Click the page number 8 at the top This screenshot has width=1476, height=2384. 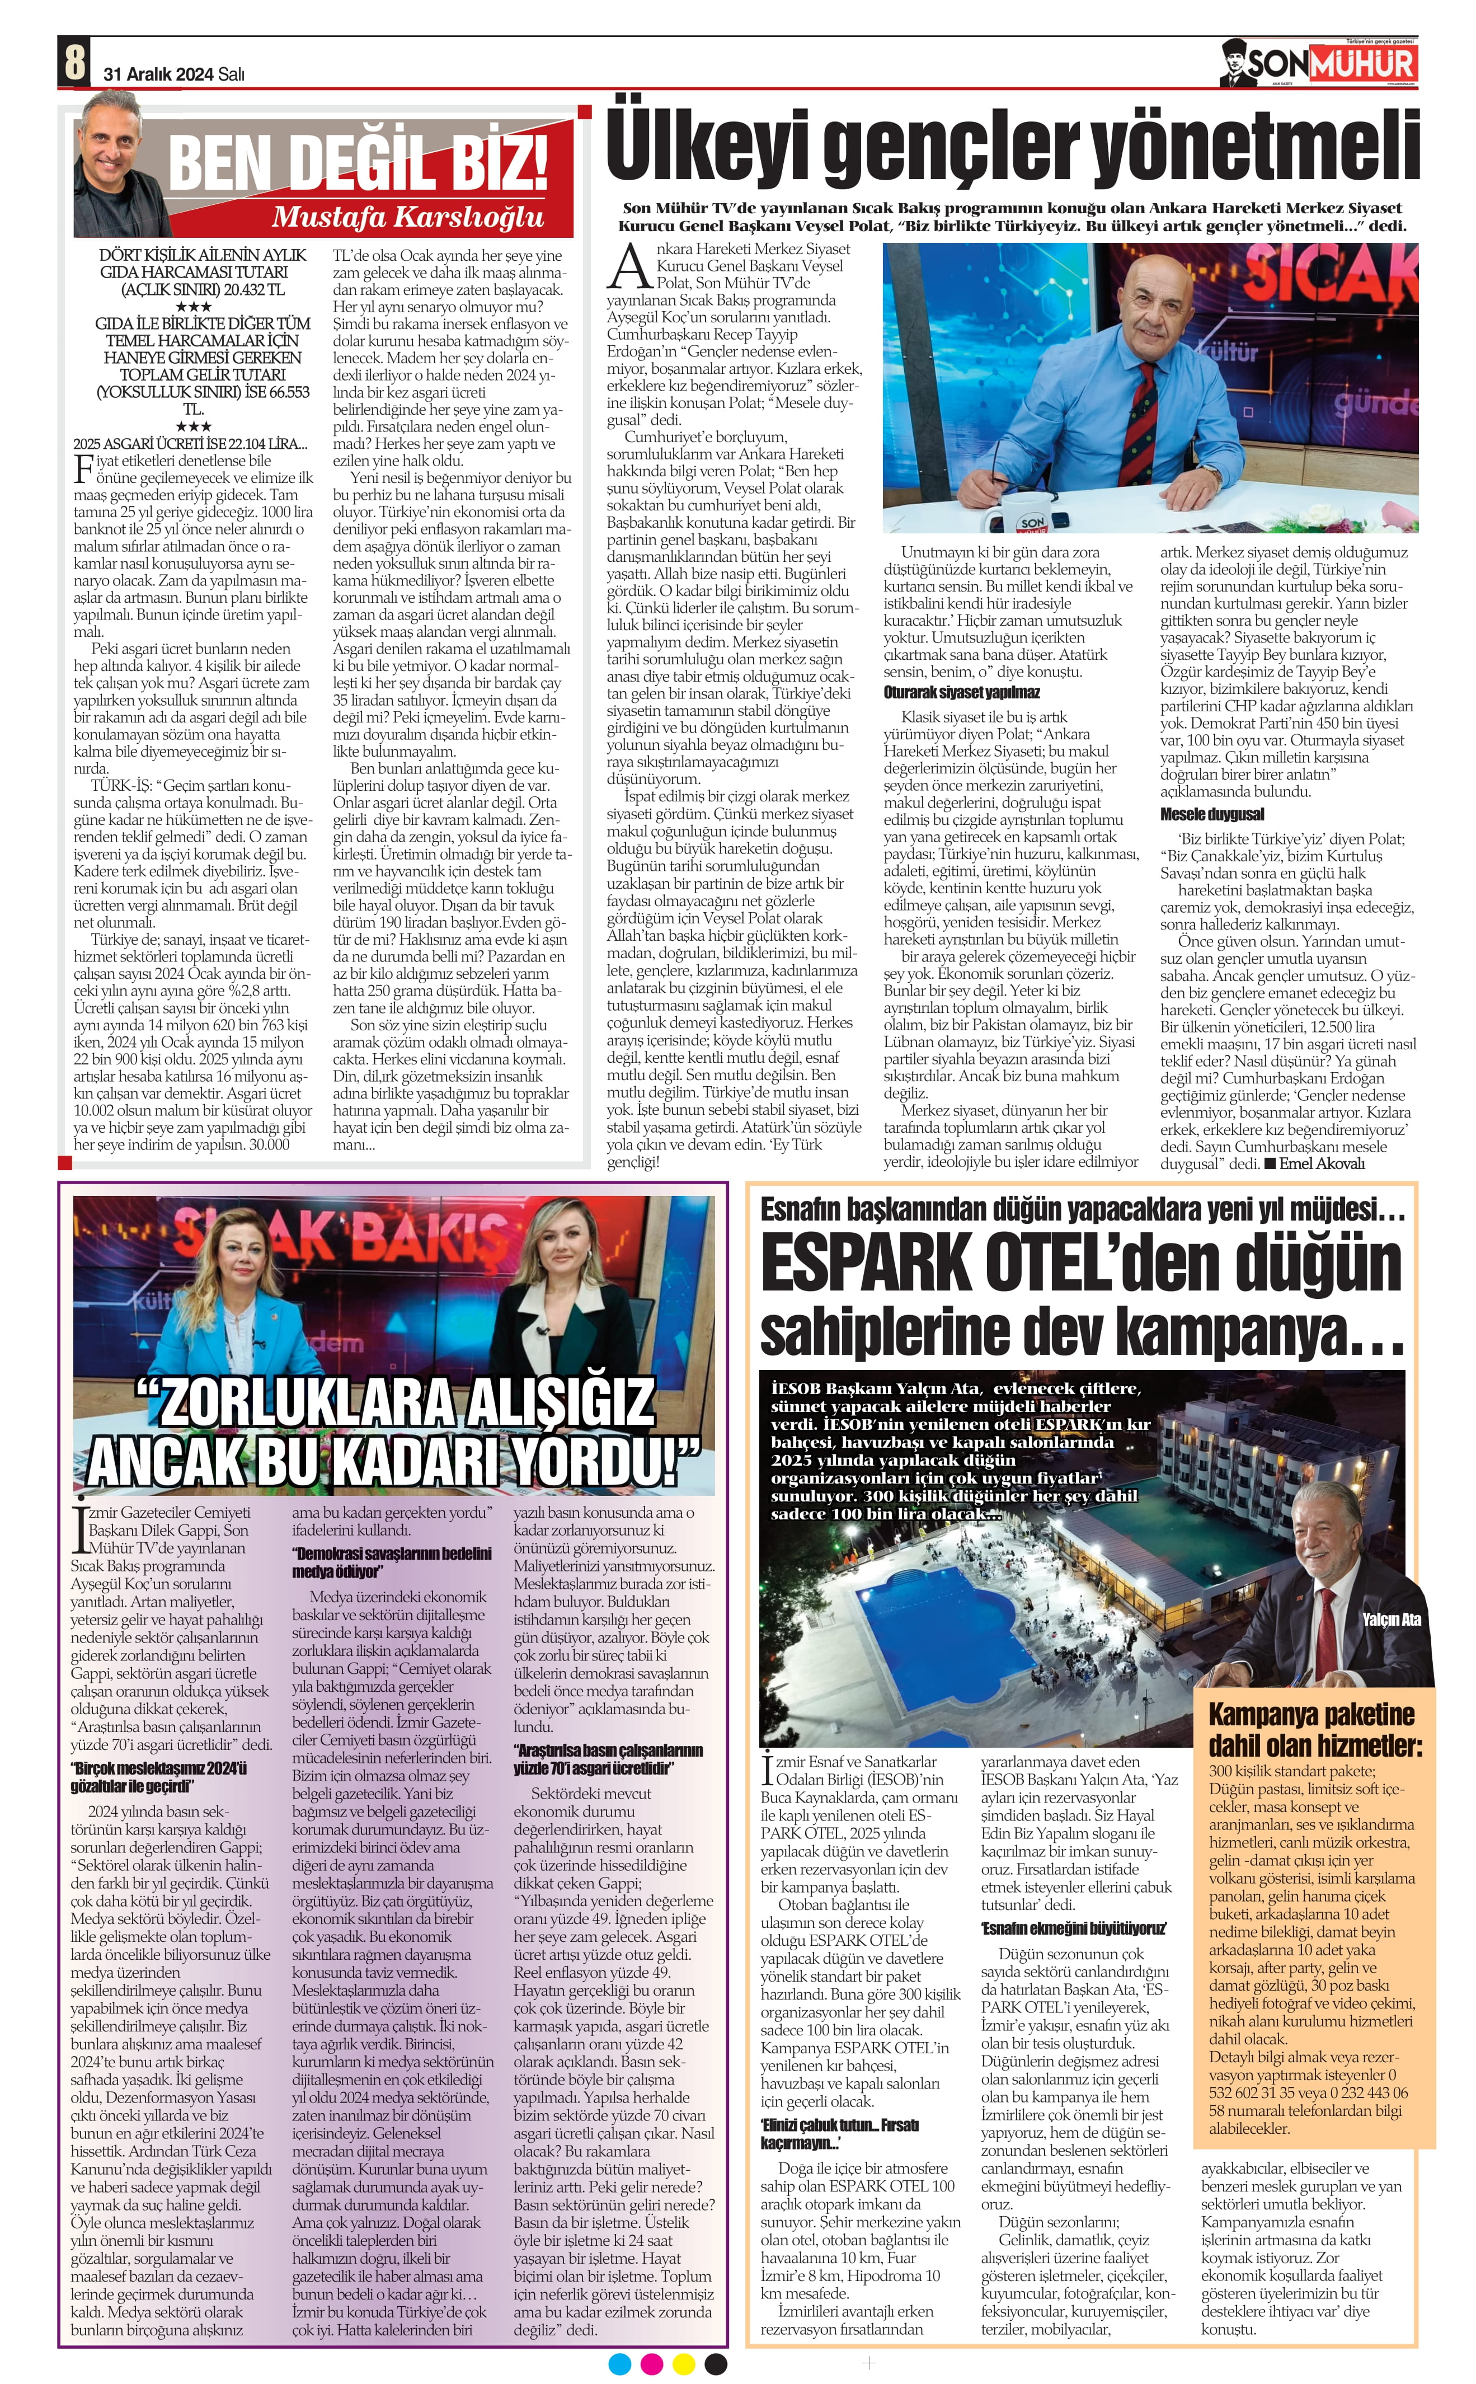(x=73, y=63)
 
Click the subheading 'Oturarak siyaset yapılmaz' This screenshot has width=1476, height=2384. (x=962, y=692)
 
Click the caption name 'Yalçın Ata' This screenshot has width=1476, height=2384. (x=1390, y=1620)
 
